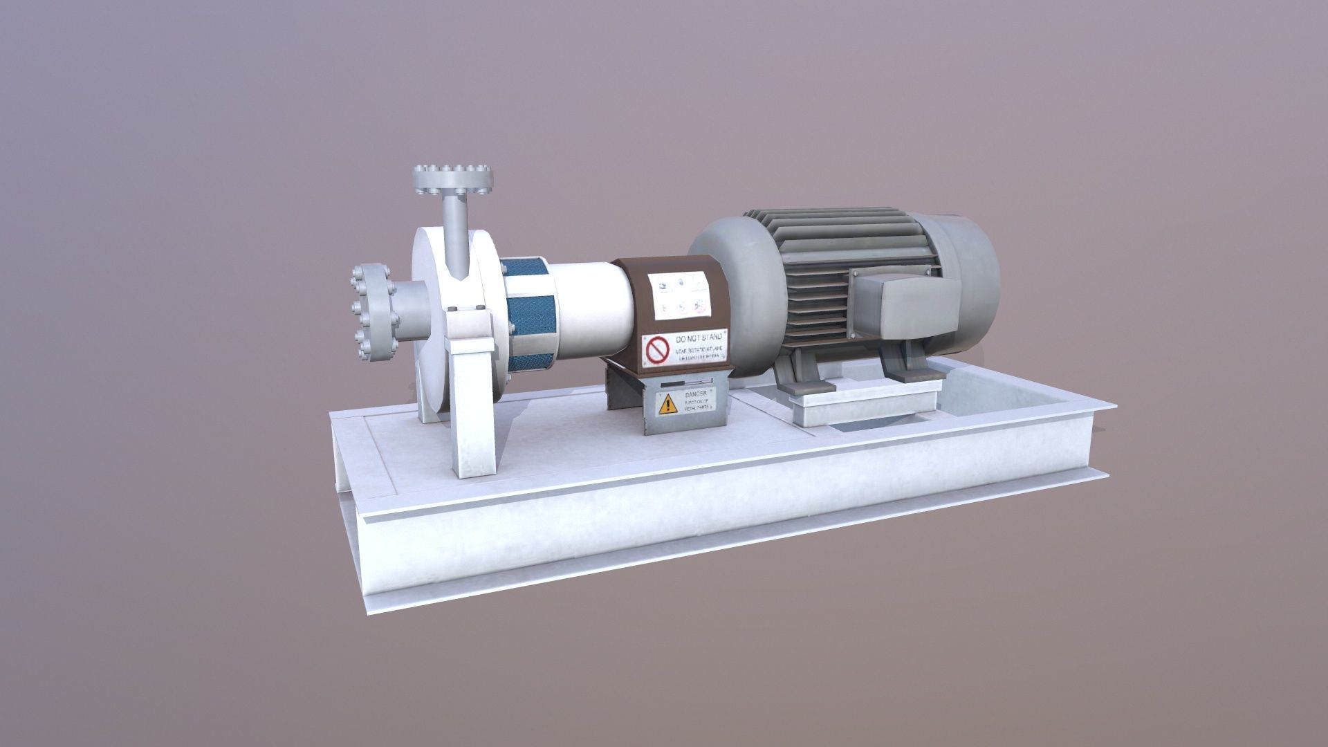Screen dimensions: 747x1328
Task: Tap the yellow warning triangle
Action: point(667,404)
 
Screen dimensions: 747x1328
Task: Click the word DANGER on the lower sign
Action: point(696,394)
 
